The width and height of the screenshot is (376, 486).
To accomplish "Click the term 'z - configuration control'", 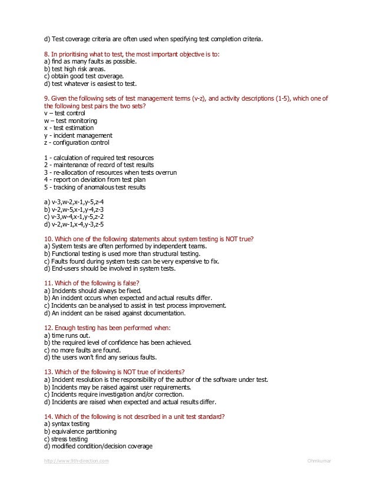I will click(77, 142).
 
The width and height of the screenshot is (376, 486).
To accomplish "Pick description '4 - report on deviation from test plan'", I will click(94, 179).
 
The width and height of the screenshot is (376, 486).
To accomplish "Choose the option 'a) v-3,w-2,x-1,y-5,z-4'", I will click(74, 202).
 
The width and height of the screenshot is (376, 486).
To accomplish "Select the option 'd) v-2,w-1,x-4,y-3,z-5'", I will click(74, 224).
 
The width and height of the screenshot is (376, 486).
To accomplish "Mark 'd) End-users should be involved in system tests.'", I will click(110, 268).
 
